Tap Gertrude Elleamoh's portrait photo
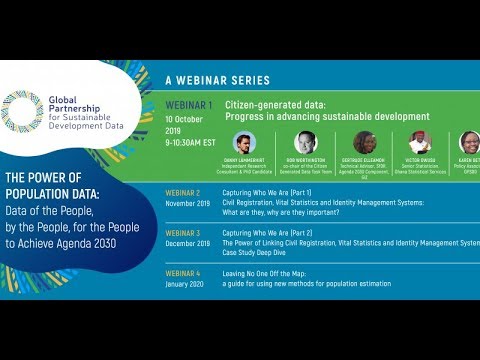(366, 142)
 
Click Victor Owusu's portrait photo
(420, 142)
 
